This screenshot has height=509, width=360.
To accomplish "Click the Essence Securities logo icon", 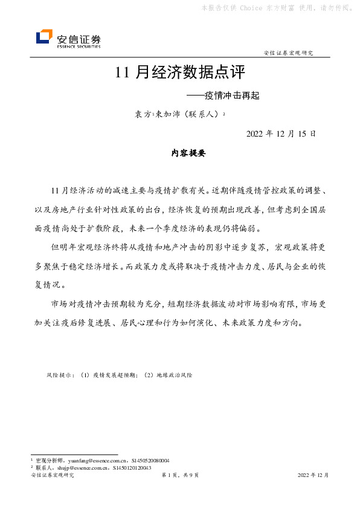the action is [x=44, y=37].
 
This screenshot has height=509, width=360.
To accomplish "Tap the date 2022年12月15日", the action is [x=281, y=133].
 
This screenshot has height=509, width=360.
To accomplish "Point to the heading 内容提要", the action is [x=188, y=154].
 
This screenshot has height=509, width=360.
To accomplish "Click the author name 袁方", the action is [x=142, y=114].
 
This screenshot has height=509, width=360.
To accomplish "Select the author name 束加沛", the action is [x=168, y=114].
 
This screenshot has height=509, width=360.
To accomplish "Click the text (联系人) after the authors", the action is [x=202, y=114].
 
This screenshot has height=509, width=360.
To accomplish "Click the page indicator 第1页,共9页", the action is [x=180, y=476].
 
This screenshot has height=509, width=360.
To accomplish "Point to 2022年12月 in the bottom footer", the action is [x=313, y=476].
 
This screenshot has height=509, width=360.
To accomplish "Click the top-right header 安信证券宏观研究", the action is [x=289, y=53].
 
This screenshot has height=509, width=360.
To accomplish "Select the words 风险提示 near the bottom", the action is [x=59, y=375].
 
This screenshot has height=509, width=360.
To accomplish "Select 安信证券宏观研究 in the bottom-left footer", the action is [x=52, y=476].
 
